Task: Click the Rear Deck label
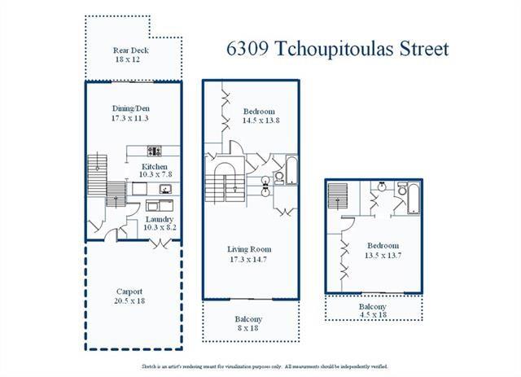tap(130, 50)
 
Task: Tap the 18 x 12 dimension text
tap(128, 59)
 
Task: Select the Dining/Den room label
tap(130, 109)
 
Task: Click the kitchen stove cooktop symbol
tap(154, 151)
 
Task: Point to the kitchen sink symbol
tap(165, 189)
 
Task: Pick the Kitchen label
tap(155, 167)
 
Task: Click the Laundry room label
tap(160, 219)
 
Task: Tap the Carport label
tap(129, 292)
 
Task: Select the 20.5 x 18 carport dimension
tap(129, 301)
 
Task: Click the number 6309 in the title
tap(247, 49)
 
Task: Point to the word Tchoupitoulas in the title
tap(335, 49)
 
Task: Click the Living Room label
tap(249, 249)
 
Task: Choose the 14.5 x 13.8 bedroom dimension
tap(260, 121)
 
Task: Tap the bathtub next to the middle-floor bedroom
tap(291, 170)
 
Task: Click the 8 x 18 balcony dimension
tap(247, 328)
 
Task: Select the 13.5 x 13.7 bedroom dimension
tap(383, 256)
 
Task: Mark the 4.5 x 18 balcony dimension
tap(373, 314)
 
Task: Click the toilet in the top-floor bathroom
tap(402, 189)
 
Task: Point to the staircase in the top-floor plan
tap(338, 196)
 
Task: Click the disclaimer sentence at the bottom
tap(265, 366)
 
